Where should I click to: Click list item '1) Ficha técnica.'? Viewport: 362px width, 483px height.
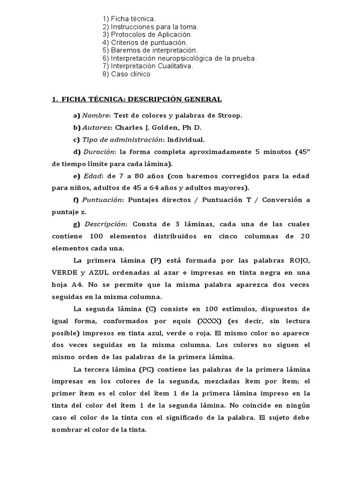click(x=129, y=18)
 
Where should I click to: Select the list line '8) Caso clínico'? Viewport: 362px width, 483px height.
click(x=126, y=74)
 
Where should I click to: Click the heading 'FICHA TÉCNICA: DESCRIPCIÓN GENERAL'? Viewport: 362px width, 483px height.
click(x=141, y=99)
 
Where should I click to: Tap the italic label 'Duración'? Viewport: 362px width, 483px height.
click(x=99, y=152)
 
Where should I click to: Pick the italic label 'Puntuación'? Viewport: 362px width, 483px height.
click(x=102, y=200)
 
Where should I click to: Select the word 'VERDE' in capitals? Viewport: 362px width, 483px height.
click(x=63, y=273)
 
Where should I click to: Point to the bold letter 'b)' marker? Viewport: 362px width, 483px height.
click(x=76, y=127)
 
